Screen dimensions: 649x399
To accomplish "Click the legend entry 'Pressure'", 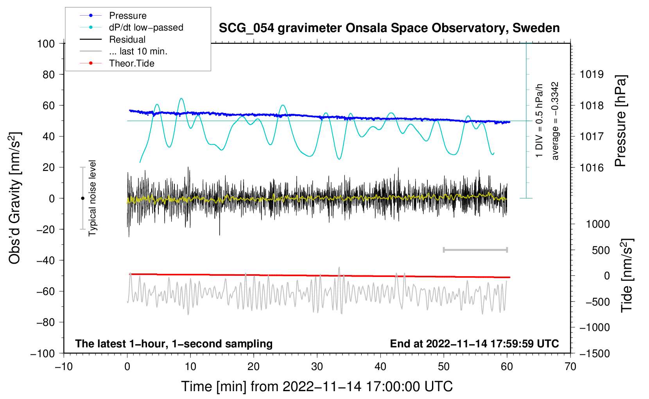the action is tap(128, 15).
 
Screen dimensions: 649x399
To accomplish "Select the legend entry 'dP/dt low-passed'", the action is tap(146, 27).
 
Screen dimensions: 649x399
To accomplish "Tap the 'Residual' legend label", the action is tap(127, 40).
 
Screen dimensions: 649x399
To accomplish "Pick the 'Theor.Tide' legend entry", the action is tap(131, 63).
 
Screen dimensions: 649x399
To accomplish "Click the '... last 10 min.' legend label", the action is tap(138, 51).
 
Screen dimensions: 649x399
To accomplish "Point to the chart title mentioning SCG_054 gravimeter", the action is tap(389, 28).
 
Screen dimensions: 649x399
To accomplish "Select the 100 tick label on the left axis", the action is tap(46, 44).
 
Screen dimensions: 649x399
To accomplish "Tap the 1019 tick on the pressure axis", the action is tap(592, 75).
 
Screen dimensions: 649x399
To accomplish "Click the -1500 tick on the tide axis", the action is tap(595, 354).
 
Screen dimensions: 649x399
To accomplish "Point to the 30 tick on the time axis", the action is tap(317, 367).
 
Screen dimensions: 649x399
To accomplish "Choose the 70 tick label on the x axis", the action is tap(570, 367).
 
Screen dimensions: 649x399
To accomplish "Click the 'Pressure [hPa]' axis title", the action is tap(620, 121).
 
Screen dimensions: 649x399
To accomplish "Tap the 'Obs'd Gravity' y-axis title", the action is tap(15, 198).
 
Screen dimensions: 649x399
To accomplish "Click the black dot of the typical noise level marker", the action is tap(82, 198).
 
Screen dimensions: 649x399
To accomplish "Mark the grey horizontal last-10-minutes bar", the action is tap(475, 250).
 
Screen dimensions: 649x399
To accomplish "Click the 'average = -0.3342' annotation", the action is tap(554, 121).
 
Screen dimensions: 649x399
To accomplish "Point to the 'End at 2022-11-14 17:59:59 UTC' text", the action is tap(474, 343).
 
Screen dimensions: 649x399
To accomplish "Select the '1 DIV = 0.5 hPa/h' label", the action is tap(539, 121).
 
